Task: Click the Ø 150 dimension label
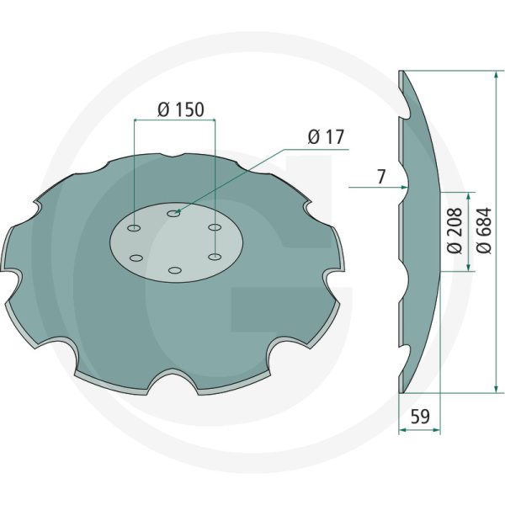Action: click(x=181, y=109)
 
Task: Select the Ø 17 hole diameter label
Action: click(x=326, y=136)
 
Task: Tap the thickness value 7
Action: click(x=381, y=178)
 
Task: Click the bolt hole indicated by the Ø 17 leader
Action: click(x=173, y=215)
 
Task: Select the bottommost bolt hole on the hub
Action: click(x=174, y=270)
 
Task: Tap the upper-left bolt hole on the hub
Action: click(x=134, y=227)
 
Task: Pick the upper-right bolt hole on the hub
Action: click(x=215, y=227)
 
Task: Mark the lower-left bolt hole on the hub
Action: click(x=134, y=258)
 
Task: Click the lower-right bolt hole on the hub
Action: click(x=215, y=257)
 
